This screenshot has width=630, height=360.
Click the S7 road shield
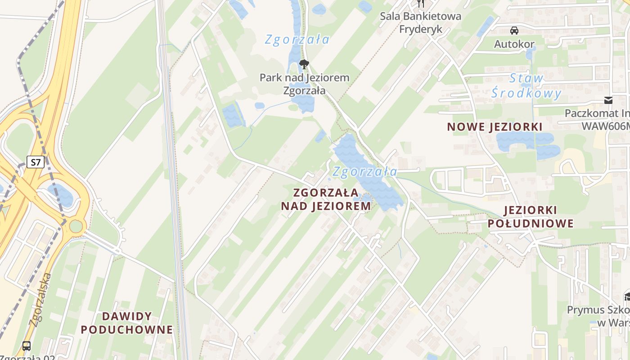click(x=35, y=162)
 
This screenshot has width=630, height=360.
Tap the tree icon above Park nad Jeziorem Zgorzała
click(x=304, y=64)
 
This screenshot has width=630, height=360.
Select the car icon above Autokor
click(x=514, y=31)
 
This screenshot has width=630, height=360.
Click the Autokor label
click(x=514, y=44)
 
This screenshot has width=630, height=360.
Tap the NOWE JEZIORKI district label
click(x=495, y=127)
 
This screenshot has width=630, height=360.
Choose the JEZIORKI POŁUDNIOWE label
click(x=531, y=216)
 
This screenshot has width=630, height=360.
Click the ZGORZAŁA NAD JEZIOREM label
click(x=326, y=199)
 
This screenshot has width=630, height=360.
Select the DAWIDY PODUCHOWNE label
click(x=127, y=323)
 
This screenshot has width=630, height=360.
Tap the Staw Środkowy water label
click(x=526, y=86)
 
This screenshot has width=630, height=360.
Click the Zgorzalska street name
click(x=41, y=299)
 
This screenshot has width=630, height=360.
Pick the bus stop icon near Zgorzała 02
click(x=27, y=346)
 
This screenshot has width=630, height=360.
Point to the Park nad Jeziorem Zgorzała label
click(x=304, y=84)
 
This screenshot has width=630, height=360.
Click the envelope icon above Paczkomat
click(x=608, y=100)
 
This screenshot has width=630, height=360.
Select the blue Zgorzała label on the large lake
click(x=365, y=171)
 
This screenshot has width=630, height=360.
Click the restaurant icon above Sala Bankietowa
click(x=420, y=4)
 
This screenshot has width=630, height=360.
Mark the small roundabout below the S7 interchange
click(x=76, y=226)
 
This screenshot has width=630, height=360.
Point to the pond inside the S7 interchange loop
click(x=61, y=195)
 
